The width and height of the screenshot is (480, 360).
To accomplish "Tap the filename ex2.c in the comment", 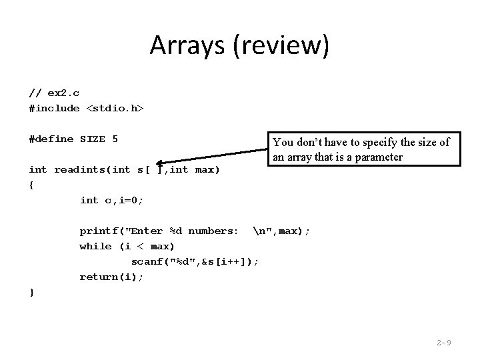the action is pos(63,93).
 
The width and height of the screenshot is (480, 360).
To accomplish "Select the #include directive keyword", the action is pos(54,108).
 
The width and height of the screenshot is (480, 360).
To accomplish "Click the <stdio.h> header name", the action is pos(115,108).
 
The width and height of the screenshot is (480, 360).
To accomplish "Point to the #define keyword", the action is pos(51,139).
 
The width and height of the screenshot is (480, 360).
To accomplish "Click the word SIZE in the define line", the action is pos(93,139).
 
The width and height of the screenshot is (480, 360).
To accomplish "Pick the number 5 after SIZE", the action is pos(115,139).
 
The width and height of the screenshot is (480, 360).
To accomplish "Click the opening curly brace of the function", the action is pos(31,185).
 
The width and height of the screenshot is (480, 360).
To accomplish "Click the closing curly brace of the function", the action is pos(31,292).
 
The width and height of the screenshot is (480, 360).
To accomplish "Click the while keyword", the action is pos(96,246).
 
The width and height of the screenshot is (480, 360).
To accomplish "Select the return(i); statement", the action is pos(112,277).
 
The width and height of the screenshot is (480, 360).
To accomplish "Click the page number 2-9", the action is pos(444,343).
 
